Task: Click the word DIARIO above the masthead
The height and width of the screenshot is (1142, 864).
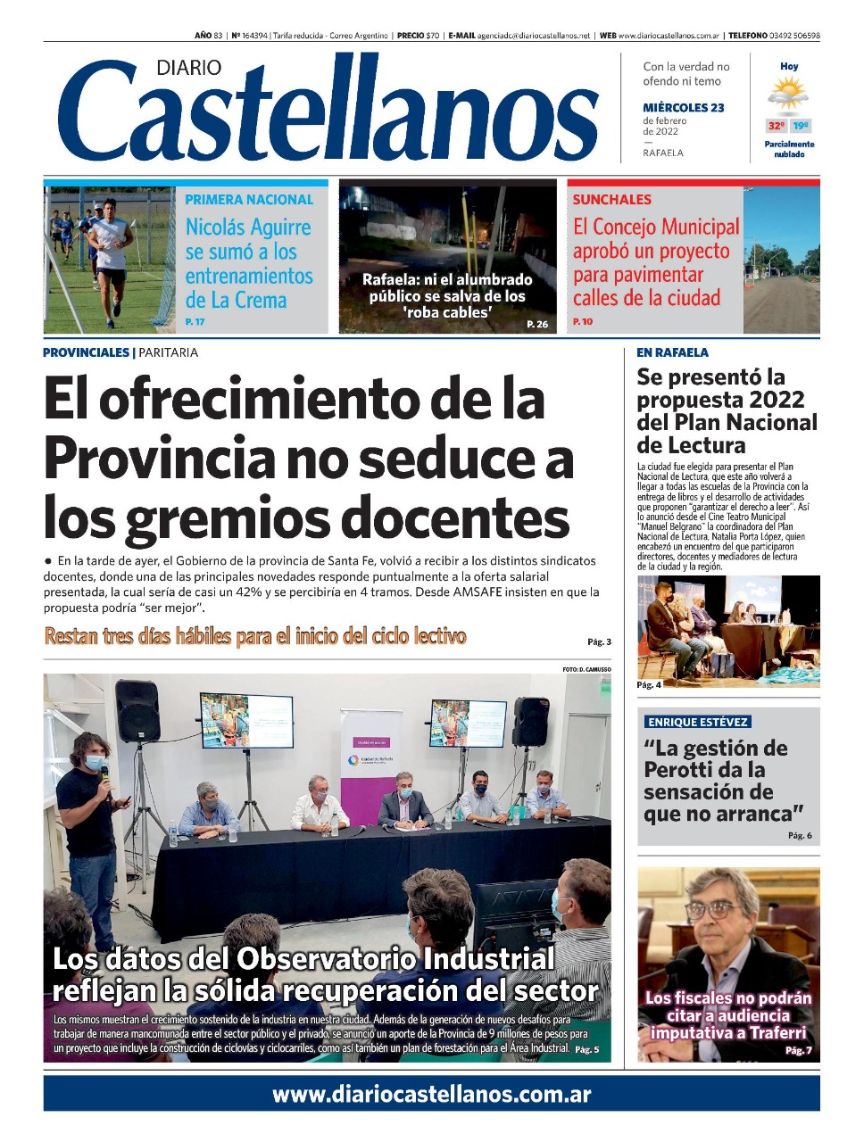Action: click(x=188, y=68)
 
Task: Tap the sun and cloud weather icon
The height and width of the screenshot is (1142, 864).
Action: click(x=788, y=94)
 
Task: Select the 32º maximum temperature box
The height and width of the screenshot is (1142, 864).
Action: click(x=777, y=126)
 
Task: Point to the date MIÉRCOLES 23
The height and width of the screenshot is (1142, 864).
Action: click(x=683, y=108)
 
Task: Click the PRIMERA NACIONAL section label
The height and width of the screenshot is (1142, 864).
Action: click(x=249, y=200)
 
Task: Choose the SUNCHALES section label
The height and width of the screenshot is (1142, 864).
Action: click(x=612, y=200)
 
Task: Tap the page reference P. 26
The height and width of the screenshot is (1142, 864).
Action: click(x=537, y=324)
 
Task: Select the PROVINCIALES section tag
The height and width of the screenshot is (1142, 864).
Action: click(x=87, y=352)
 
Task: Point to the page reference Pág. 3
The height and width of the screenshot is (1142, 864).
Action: click(x=599, y=641)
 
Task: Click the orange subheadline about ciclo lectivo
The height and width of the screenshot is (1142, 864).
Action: click(x=255, y=636)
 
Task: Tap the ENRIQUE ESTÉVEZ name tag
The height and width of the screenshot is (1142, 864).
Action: click(x=698, y=722)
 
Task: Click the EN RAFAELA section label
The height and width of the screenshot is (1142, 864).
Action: click(x=672, y=352)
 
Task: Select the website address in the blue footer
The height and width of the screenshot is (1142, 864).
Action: click(x=431, y=1095)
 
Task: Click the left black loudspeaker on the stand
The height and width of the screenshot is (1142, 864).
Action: click(x=137, y=711)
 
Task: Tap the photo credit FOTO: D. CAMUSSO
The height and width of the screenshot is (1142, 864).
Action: click(x=586, y=669)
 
